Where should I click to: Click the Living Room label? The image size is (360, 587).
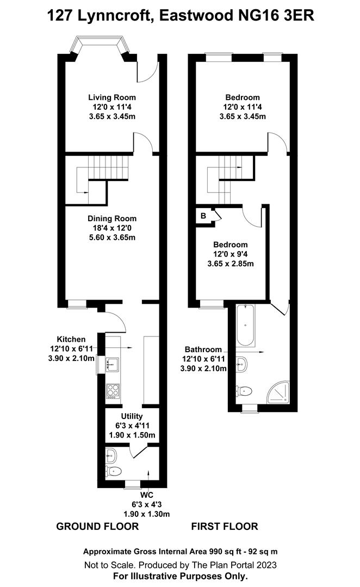pos(112,97)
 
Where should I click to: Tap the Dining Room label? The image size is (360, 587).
pos(112,218)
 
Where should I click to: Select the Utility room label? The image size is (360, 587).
pos(132,416)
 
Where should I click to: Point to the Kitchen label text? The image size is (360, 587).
pos(71,339)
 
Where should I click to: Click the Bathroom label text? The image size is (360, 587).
pos(203,349)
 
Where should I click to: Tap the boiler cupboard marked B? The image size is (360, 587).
pos(203,216)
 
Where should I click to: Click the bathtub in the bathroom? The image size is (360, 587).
pos(246,326)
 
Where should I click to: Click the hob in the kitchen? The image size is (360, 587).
pos(114,390)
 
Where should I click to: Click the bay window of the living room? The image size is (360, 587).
pos(100,43)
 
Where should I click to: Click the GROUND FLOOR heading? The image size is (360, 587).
pos(98,526)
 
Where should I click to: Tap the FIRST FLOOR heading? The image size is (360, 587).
pos(225,526)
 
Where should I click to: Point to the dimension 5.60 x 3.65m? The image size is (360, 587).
pos(112,238)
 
